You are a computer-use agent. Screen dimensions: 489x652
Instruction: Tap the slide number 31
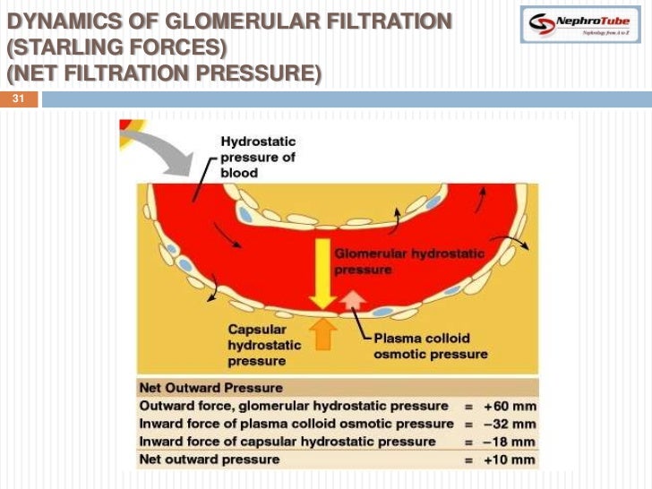coord(18,99)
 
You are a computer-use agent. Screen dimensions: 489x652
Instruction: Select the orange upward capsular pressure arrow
coord(322,333)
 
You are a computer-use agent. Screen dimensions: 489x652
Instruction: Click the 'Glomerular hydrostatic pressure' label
coord(408,261)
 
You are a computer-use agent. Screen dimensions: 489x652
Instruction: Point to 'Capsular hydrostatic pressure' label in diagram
coord(257,345)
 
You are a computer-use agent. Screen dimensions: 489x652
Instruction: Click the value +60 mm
coord(510,406)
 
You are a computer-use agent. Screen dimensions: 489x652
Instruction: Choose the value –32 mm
coord(510,424)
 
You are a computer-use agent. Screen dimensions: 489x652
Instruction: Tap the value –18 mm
coord(510,442)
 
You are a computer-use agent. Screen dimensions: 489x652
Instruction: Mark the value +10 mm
coord(510,459)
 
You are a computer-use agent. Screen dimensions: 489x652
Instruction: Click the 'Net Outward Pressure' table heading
coord(210,388)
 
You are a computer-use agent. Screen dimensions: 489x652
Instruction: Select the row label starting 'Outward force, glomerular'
coord(294,406)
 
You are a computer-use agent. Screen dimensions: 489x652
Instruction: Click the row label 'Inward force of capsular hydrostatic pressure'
coord(287,442)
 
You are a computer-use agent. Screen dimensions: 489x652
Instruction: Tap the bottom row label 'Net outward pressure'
coord(210,459)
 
